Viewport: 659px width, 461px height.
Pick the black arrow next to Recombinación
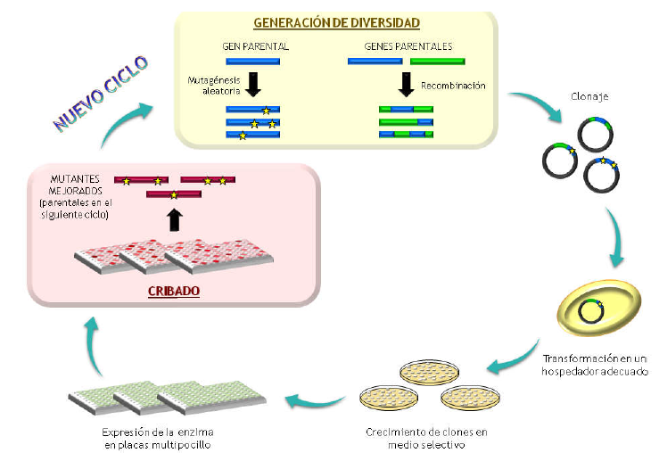point(407,85)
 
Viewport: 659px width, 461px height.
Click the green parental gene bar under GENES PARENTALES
point(437,62)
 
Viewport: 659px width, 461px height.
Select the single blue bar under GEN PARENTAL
point(252,62)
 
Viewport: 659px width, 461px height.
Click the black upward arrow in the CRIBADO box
point(174,218)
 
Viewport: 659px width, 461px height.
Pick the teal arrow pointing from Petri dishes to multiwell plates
point(317,396)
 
